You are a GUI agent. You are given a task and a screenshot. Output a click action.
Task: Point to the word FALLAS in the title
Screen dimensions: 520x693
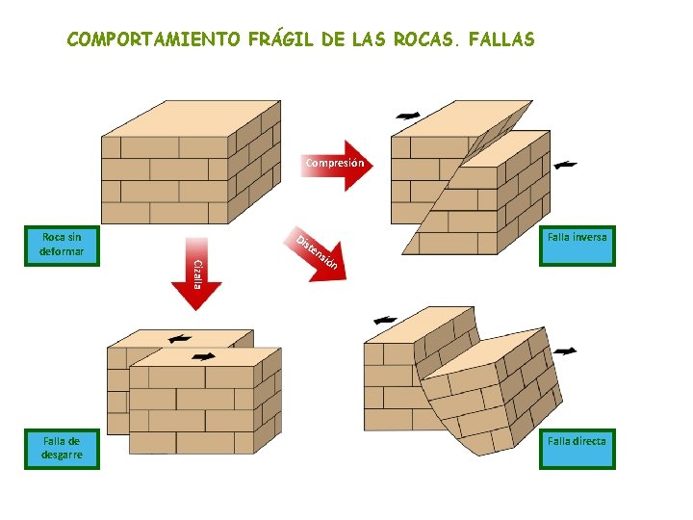point(500,40)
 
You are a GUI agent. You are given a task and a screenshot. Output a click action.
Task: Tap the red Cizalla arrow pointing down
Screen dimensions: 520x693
point(196,274)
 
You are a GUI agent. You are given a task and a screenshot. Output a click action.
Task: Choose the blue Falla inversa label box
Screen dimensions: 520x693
point(577,245)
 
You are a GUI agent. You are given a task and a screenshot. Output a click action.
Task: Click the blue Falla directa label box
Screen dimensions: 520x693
point(577,449)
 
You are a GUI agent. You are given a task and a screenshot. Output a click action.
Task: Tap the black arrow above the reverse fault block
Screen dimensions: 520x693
point(408,116)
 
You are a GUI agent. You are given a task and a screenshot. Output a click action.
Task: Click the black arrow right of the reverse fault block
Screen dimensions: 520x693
point(566,165)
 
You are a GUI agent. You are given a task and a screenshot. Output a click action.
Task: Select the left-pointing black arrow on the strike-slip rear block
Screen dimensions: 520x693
point(179,339)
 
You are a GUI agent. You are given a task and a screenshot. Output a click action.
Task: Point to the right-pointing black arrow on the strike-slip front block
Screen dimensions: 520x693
point(203,356)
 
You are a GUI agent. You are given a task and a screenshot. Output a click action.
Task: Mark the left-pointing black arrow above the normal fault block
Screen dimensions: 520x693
point(385,320)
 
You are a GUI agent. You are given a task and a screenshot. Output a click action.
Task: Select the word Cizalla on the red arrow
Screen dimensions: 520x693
point(196,273)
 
